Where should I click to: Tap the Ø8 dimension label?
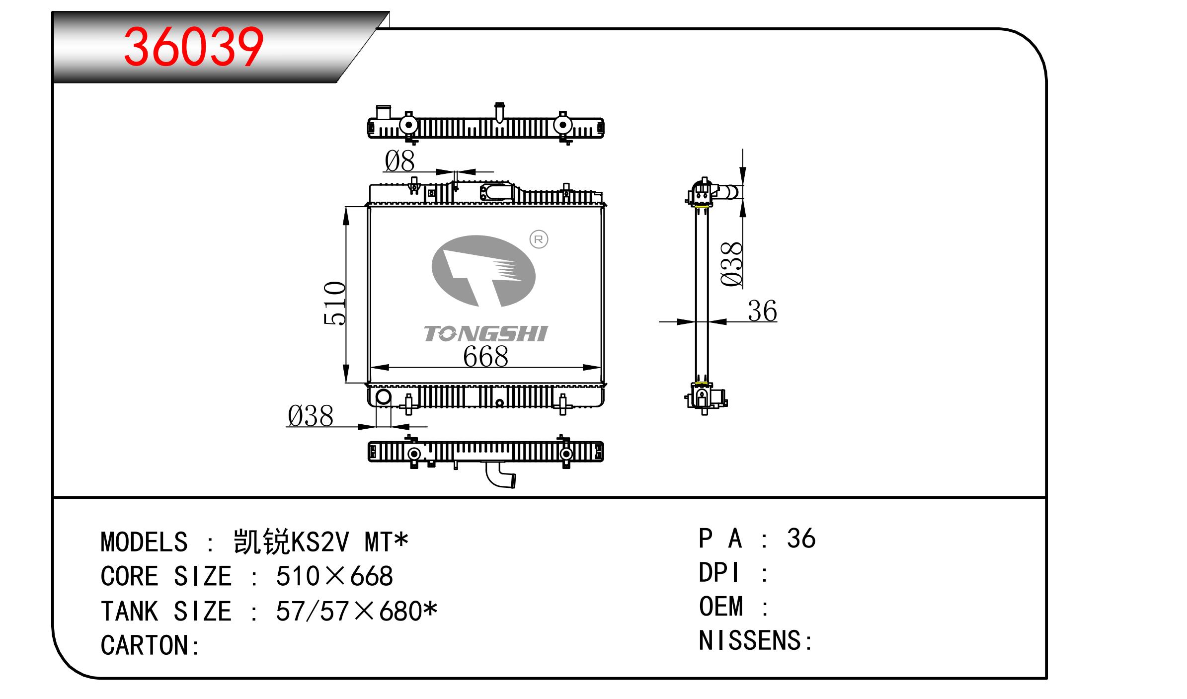399,161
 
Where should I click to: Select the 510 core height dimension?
335,303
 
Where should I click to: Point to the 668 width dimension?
485,356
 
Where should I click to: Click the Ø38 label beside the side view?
731,264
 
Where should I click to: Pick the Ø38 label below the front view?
311,416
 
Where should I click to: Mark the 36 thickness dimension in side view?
762,311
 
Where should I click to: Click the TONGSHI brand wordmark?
485,334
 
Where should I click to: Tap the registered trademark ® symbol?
539,239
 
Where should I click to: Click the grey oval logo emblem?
483,271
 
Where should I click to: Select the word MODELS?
144,542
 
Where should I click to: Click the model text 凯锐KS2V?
291,542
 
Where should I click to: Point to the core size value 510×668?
334,576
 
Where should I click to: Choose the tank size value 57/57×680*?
357,611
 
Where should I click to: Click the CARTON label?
150,645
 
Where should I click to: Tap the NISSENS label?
755,640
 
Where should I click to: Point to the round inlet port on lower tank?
384,397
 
